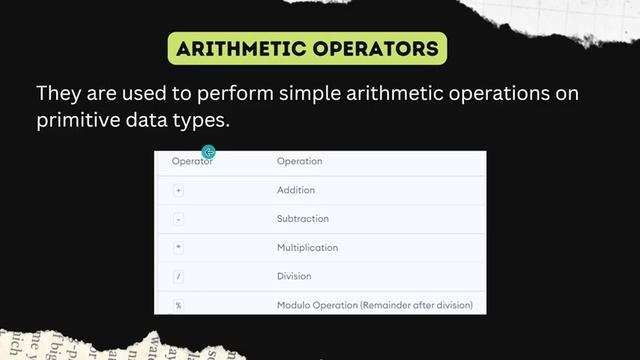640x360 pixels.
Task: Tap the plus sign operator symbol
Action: click(178, 190)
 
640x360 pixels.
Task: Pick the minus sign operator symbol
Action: click(178, 219)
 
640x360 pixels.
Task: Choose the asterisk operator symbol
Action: click(178, 247)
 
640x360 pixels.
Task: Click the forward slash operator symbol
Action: click(178, 276)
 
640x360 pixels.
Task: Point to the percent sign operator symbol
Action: click(178, 304)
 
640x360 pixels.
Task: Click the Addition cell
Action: click(295, 190)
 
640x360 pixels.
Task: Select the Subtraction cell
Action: click(302, 219)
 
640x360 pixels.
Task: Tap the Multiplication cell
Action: click(307, 247)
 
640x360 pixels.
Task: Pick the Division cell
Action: click(294, 276)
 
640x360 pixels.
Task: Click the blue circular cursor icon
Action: click(208, 152)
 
